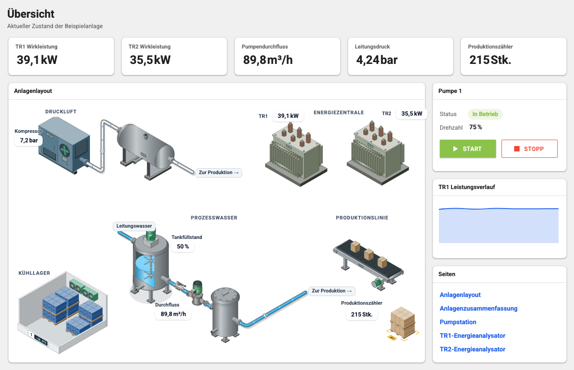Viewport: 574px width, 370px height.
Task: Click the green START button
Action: coord(467,149)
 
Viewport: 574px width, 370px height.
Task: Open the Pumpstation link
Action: coord(458,322)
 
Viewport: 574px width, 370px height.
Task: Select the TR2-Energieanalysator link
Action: coord(472,349)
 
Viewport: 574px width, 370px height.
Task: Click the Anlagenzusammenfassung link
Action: coord(478,308)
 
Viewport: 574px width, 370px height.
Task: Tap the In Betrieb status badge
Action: coord(485,114)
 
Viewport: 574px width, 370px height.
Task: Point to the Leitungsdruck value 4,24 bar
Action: coord(377,60)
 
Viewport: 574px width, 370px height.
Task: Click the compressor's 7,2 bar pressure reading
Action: coord(29,141)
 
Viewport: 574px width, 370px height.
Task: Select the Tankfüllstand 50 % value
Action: coord(183,247)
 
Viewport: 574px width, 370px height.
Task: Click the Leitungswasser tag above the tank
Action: coord(134,226)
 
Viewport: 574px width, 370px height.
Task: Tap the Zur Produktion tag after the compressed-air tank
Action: coord(219,172)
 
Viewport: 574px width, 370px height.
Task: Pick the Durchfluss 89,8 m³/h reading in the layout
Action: coord(173,314)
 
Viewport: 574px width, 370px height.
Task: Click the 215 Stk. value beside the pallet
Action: coord(361,314)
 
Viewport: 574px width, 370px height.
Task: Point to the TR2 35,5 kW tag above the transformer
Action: coord(412,113)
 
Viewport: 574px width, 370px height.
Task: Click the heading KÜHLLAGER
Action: coord(34,273)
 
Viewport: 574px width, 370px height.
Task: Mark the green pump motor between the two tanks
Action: coord(198,287)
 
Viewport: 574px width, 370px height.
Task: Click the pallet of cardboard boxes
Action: coord(403,323)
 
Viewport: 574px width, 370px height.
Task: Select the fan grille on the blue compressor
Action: coord(64,150)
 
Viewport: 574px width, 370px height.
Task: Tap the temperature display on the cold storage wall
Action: coord(41,340)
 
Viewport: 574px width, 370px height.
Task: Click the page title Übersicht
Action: coord(31,14)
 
